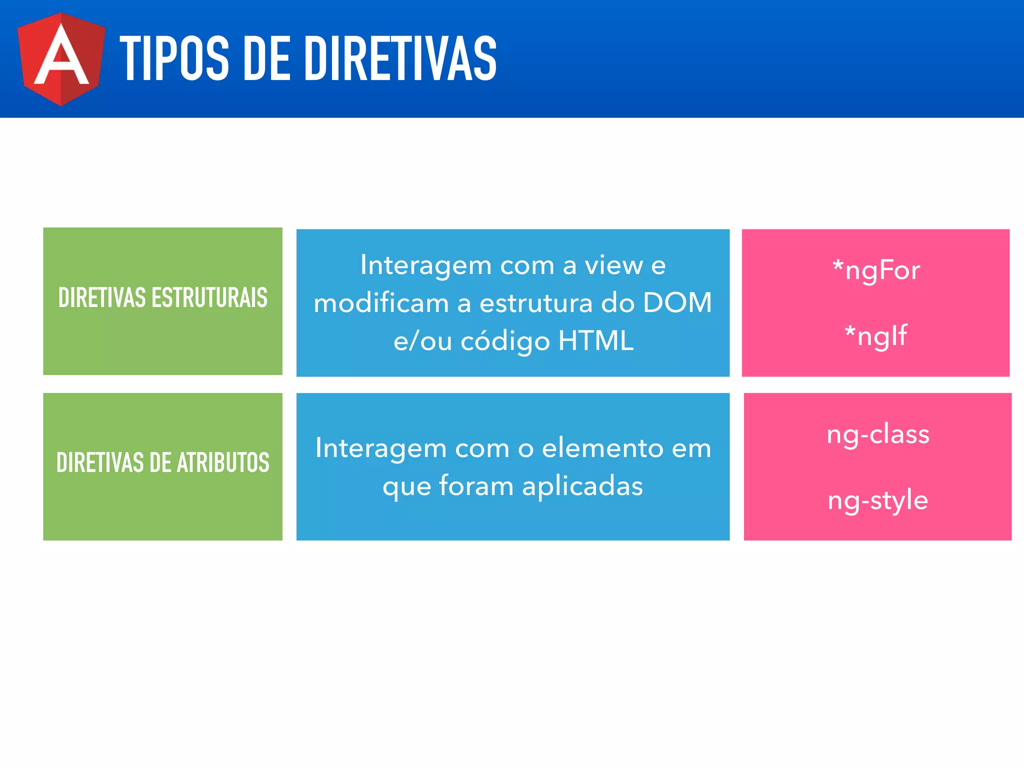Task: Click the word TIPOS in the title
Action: (x=174, y=58)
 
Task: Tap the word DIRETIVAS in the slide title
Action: (x=400, y=58)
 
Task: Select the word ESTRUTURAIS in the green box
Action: (x=209, y=298)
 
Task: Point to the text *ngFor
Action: (x=876, y=270)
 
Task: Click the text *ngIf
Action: (x=875, y=335)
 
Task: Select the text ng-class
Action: (x=878, y=434)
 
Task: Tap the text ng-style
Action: (x=878, y=500)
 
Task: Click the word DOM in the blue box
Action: (x=677, y=302)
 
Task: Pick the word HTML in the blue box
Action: (x=596, y=341)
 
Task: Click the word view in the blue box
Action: (x=614, y=265)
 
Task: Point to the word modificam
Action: (x=381, y=303)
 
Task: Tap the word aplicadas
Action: (x=582, y=486)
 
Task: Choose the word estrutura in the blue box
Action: (x=536, y=303)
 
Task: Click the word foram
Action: (x=476, y=486)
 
